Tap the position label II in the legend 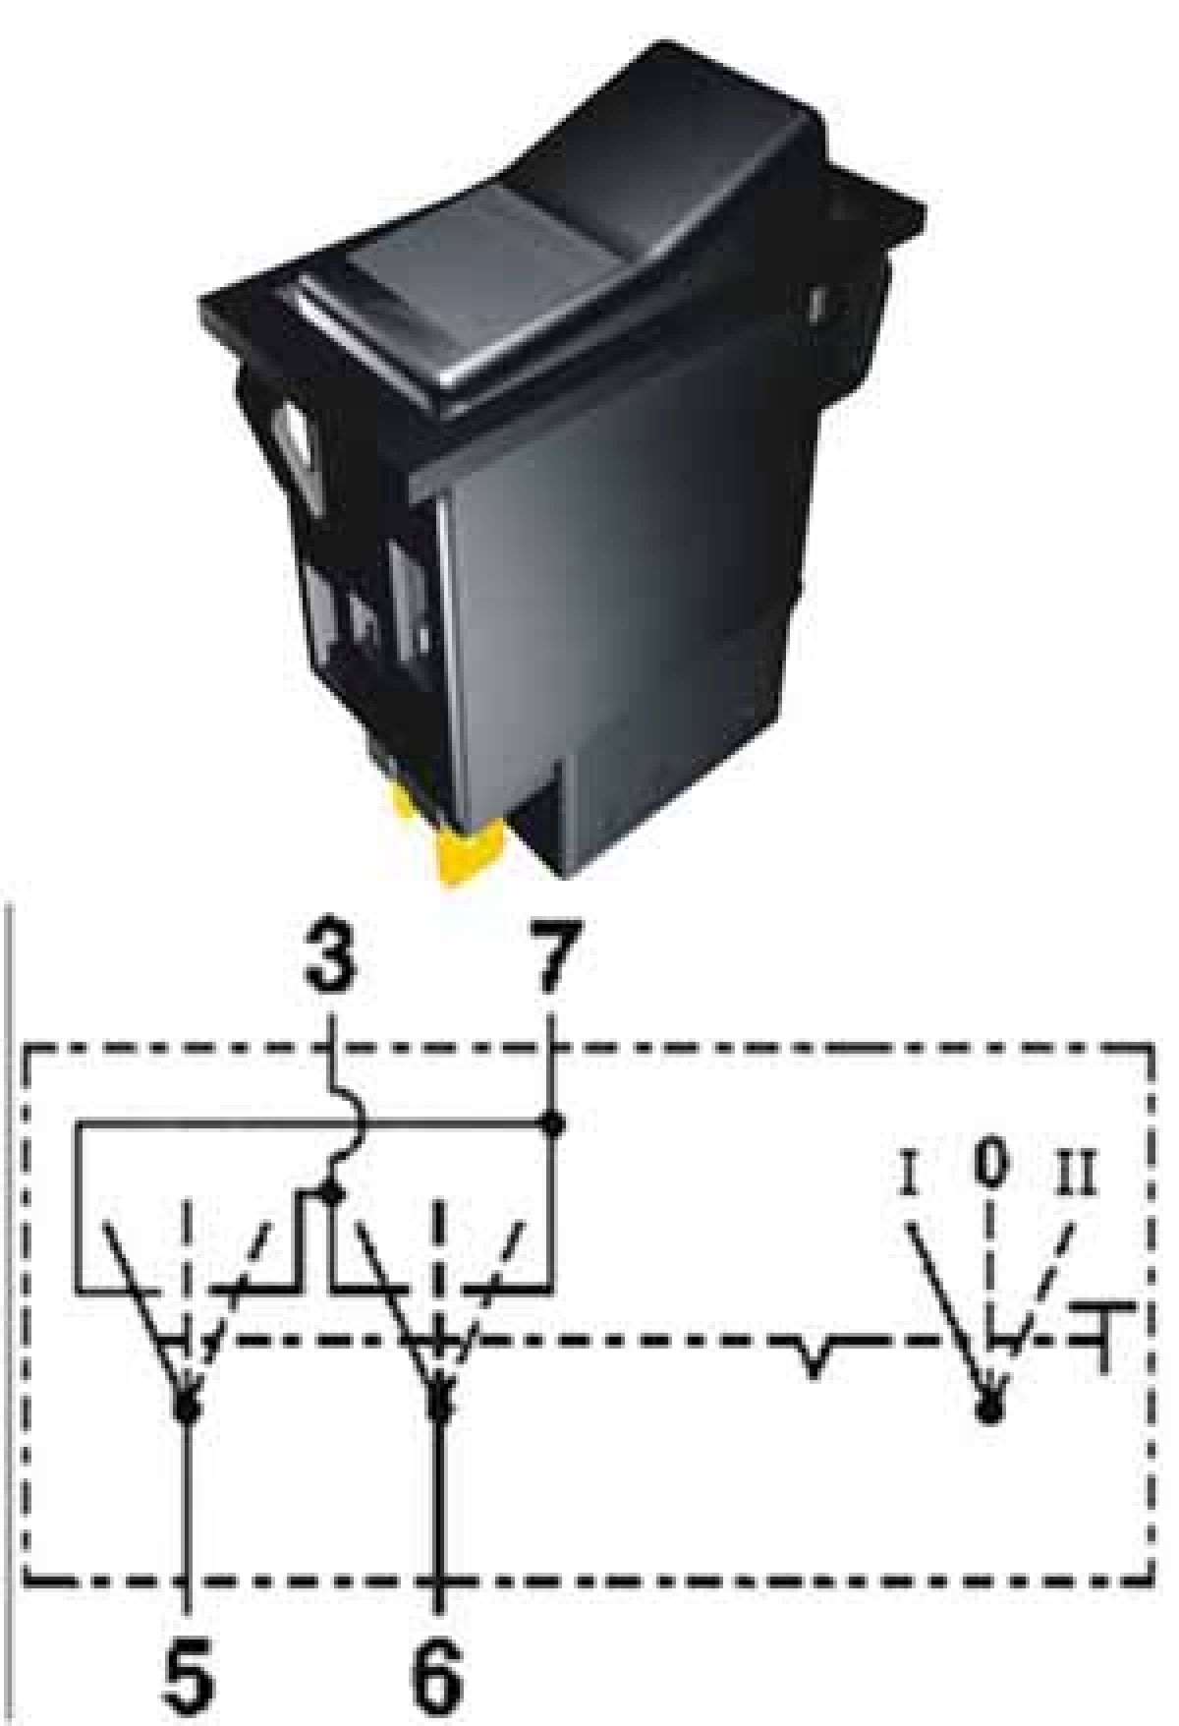click(x=1077, y=1173)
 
